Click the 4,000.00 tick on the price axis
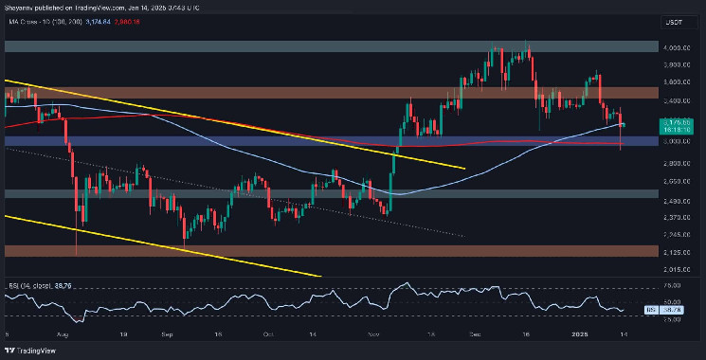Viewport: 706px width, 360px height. pyautogui.click(x=677, y=47)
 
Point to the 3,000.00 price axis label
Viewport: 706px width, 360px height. pyautogui.click(x=677, y=141)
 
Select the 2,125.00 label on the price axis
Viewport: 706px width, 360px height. pyautogui.click(x=677, y=251)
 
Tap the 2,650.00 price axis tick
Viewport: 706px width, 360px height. pyautogui.click(x=677, y=180)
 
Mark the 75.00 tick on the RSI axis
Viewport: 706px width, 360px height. pyautogui.click(x=677, y=284)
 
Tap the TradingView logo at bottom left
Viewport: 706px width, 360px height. pyautogui.click(x=28, y=349)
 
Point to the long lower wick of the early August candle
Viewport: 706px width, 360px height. pyautogui.click(x=75, y=242)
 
